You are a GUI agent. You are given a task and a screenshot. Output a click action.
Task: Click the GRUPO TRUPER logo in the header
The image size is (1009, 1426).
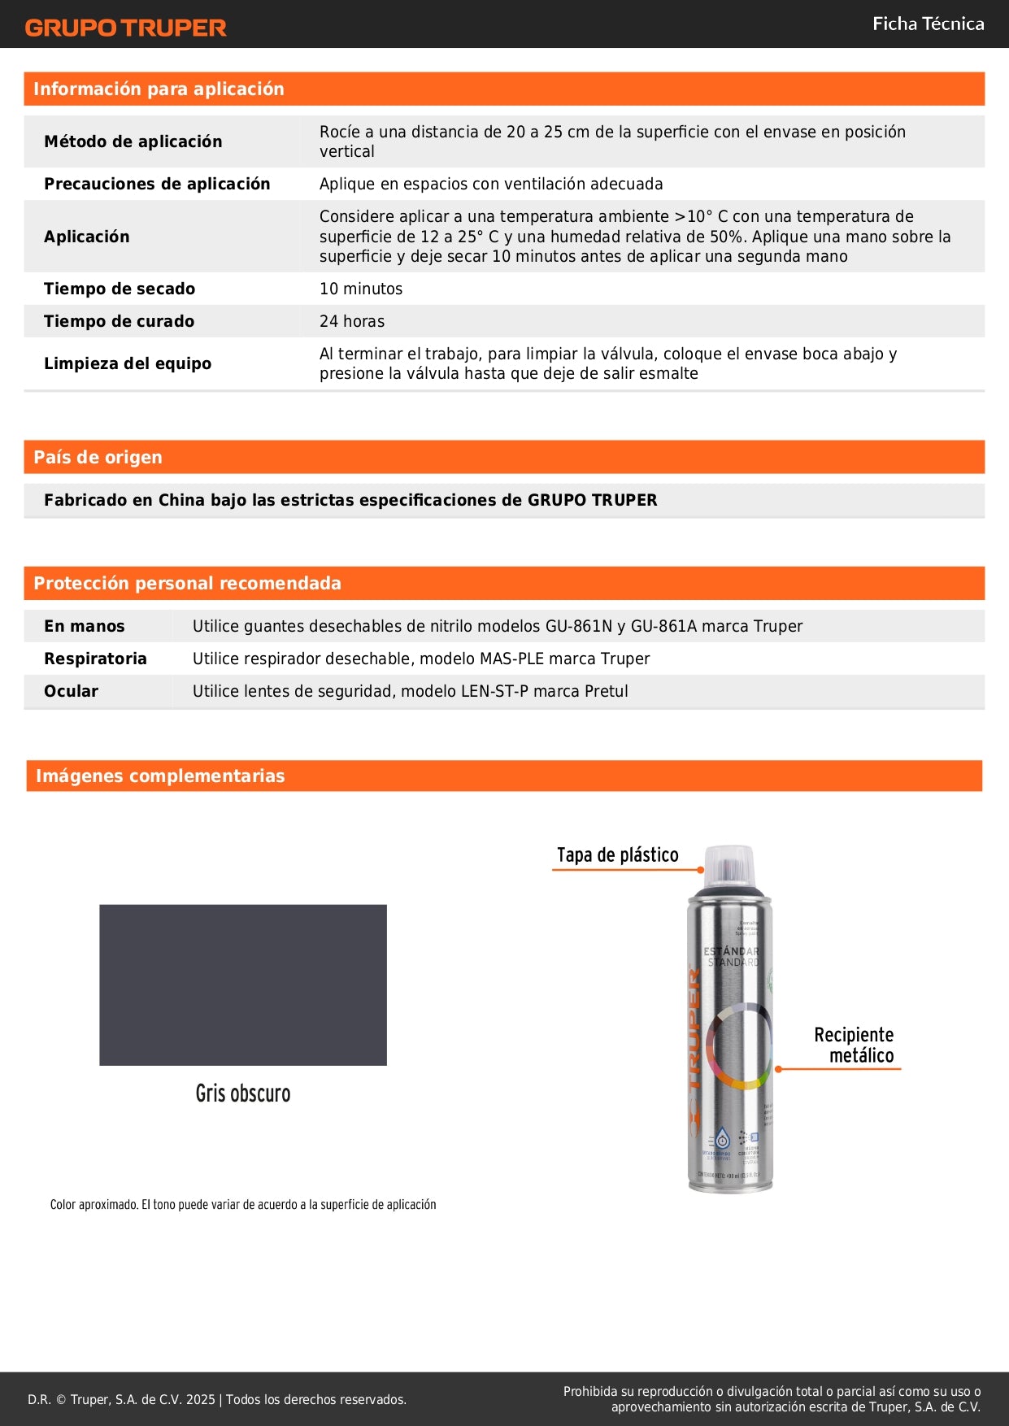[125, 28]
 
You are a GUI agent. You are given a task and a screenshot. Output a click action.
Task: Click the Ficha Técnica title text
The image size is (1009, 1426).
[928, 24]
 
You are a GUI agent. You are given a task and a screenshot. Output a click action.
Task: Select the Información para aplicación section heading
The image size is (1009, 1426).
[159, 89]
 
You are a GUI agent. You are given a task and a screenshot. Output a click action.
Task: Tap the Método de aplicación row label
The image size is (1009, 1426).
[133, 141]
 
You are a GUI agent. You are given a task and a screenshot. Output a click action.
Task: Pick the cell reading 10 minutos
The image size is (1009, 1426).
[361, 289]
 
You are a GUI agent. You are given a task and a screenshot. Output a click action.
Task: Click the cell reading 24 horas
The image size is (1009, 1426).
[352, 321]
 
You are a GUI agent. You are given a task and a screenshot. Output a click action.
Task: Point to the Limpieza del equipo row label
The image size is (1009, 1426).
[128, 363]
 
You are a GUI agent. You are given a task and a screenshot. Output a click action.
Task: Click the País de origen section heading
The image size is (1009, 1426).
[98, 457]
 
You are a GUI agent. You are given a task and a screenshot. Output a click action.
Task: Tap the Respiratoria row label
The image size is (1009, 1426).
[95, 659]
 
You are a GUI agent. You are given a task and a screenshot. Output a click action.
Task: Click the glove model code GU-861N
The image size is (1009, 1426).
[579, 626]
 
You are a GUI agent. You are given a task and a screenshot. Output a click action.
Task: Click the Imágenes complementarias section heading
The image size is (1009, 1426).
[160, 776]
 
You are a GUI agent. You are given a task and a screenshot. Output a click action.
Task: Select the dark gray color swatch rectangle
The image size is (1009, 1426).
[243, 985]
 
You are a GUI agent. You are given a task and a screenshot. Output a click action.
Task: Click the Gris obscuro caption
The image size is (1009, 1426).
[242, 1093]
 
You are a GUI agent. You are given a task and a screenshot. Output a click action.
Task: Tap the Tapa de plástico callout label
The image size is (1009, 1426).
[617, 854]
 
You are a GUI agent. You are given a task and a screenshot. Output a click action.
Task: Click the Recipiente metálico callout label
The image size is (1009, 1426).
[854, 1045]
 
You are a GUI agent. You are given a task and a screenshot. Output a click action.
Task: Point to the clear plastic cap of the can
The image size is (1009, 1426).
[729, 864]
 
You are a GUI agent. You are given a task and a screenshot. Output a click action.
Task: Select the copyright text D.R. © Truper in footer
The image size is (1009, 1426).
[122, 1399]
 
